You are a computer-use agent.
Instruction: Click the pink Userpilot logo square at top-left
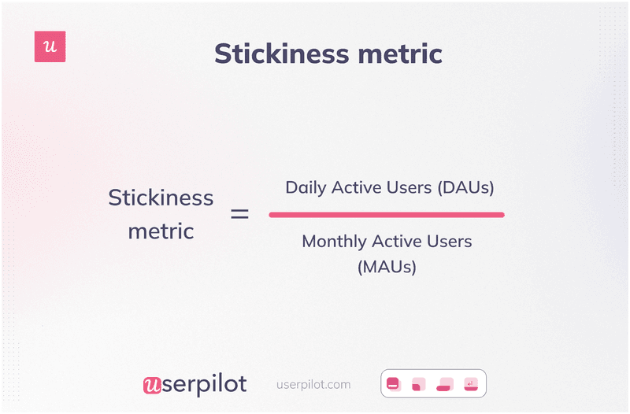point(50,46)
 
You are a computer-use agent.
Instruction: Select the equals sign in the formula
point(239,214)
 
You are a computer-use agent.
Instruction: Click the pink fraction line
point(386,214)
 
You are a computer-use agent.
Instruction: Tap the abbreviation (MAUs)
point(387,267)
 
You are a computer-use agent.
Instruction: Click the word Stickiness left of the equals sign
point(161,198)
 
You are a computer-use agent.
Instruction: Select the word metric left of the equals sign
point(161,231)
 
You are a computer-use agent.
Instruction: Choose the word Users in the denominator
point(449,241)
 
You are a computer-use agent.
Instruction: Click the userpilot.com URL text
point(313,385)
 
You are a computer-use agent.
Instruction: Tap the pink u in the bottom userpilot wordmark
point(152,385)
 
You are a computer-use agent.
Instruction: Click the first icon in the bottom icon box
point(393,385)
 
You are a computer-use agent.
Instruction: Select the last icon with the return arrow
point(471,384)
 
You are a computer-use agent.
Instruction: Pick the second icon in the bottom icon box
point(418,385)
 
